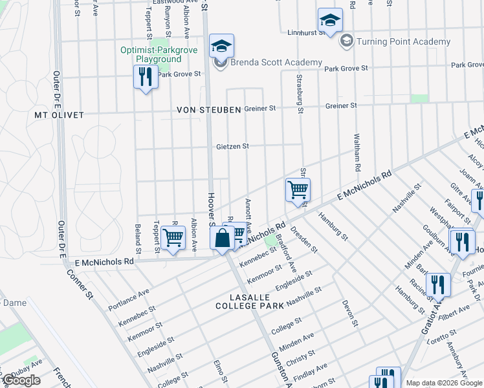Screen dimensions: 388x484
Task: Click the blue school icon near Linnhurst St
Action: [330, 21]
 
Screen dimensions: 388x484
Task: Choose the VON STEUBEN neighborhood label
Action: [209, 110]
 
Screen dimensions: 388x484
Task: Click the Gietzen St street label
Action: [232, 147]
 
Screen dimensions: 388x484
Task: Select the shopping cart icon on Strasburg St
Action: [298, 190]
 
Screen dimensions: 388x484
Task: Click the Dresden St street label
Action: [304, 239]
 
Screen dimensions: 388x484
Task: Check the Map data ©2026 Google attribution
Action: [444, 383]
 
